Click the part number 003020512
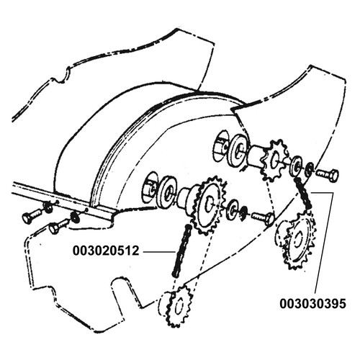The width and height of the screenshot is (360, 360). pos(106,251)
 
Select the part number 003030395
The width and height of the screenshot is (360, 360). pos(312,304)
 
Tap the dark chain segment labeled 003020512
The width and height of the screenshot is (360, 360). pos(181,251)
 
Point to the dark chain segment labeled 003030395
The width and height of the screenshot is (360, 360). pos(303,194)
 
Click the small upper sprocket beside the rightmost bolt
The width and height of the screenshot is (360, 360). pos(275,160)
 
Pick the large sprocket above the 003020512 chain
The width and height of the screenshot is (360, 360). pos(210,205)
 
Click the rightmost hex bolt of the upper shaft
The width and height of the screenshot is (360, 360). pos(328,174)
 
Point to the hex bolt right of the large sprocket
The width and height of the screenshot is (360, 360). pos(263,217)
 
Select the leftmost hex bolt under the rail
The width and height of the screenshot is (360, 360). pos(32,215)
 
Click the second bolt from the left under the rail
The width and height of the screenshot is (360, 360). pos(59,225)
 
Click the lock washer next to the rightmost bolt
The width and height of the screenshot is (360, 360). pos(310,169)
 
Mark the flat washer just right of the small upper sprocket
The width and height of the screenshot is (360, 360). pos(297,166)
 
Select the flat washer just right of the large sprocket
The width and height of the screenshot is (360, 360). pos(233,210)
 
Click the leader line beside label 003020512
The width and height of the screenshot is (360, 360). pos(159,251)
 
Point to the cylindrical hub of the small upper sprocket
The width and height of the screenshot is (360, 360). pos(257,156)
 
